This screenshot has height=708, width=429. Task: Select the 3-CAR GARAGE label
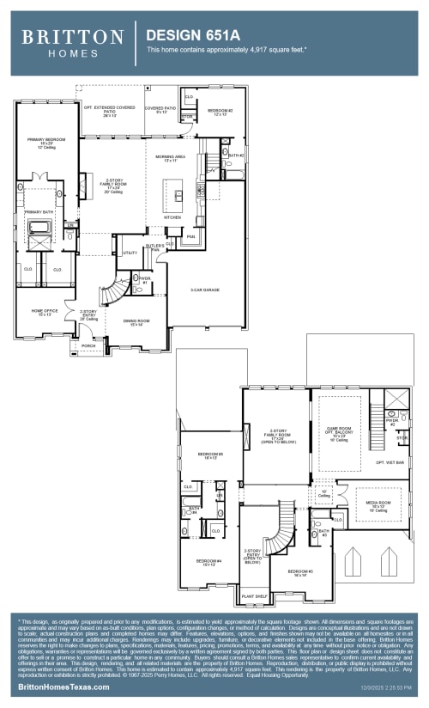coord(205,290)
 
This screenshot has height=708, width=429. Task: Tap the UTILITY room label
coord(130,253)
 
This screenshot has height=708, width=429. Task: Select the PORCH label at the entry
coord(88,345)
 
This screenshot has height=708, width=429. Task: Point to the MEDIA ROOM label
coord(378,504)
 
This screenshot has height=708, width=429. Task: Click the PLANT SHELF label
coord(254,595)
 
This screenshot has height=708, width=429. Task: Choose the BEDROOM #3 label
coord(300,571)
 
